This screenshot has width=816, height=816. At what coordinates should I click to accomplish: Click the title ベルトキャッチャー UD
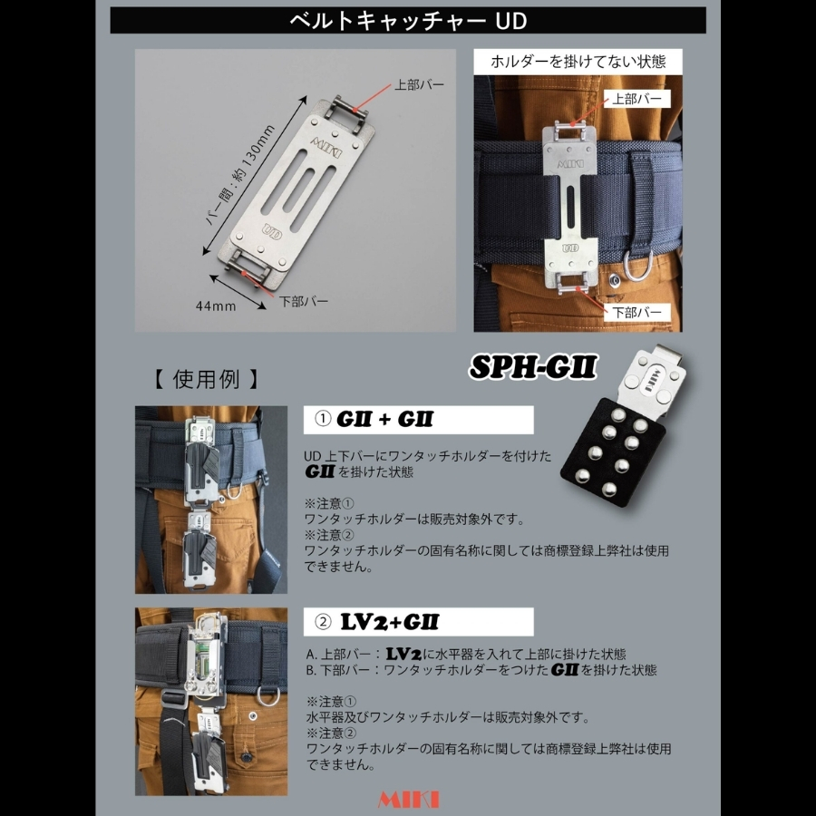408,21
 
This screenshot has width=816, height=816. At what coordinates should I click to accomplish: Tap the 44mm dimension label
216,306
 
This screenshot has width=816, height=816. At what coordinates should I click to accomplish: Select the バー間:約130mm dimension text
240,175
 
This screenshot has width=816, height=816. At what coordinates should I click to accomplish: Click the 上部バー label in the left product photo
419,84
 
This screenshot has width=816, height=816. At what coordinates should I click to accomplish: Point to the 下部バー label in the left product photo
304,301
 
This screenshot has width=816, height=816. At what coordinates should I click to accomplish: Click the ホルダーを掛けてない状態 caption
578,62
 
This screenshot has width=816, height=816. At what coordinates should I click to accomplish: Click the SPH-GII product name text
533,367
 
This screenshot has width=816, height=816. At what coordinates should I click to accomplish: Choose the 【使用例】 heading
206,379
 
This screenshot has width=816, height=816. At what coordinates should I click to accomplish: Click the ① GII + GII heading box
418,420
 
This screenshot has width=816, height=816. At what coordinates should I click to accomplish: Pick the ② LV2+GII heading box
418,622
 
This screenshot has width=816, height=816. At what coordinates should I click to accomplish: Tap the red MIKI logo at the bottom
408,800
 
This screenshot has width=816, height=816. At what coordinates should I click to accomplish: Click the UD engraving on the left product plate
272,231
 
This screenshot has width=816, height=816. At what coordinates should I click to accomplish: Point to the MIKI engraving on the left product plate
326,147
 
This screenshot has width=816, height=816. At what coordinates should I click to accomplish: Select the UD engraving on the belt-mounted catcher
570,248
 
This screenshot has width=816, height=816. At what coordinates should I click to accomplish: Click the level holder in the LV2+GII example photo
207,658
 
